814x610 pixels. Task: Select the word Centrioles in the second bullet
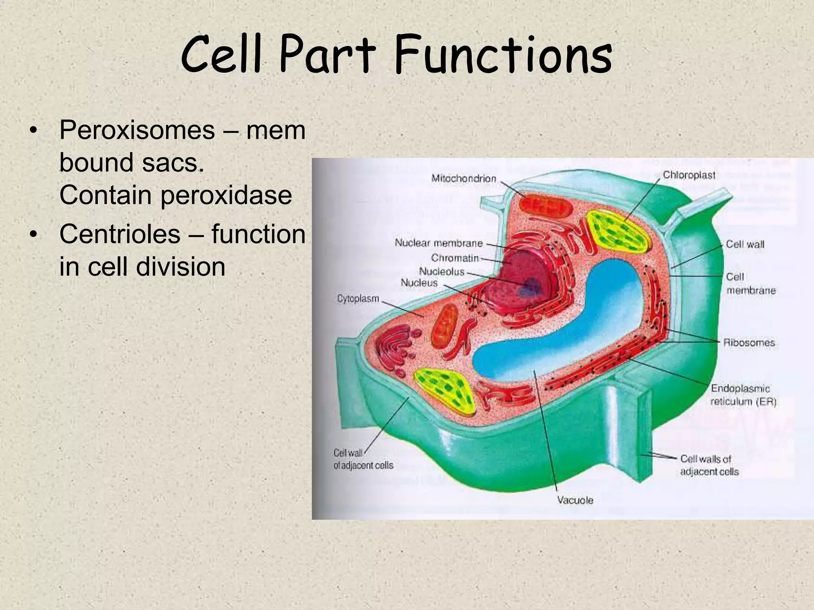pos(120,234)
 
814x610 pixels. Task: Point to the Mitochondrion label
pos(464,179)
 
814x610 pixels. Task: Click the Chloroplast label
pos(689,175)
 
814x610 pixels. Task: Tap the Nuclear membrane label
pos(438,243)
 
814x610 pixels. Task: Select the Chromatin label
pos(455,258)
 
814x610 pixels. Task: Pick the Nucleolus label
pos(442,272)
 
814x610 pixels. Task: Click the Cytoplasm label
pos(358,298)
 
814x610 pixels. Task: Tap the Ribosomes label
pos(749,342)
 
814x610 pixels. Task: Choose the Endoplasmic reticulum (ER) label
pos(742,395)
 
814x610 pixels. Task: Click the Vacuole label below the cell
pos(575,500)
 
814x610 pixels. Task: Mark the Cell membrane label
pos(750,284)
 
